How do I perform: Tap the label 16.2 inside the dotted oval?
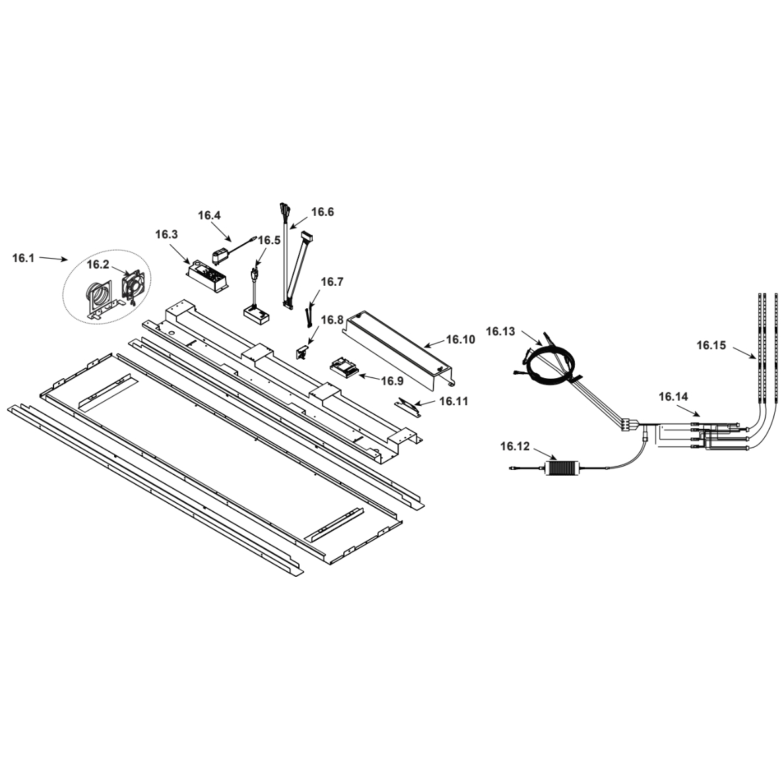click(x=98, y=265)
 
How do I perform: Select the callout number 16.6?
click(x=323, y=212)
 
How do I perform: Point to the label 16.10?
click(x=460, y=339)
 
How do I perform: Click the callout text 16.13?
click(x=500, y=331)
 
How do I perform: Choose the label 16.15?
click(x=711, y=344)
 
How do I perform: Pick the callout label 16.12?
click(x=515, y=447)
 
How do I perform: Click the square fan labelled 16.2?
click(x=133, y=288)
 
